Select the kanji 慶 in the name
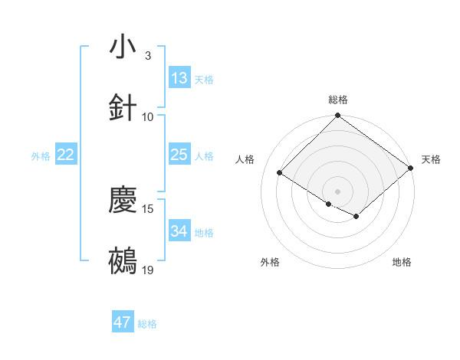123,200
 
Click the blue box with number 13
179,78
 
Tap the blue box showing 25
179,155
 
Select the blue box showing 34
179,231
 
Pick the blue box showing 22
66,155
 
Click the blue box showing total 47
123,322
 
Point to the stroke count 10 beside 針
148,117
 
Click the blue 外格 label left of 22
41,156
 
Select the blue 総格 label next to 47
147,324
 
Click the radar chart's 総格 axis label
337,100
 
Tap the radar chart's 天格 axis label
431,159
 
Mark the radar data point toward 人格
280,173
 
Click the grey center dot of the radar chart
337,191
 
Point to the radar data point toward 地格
356,217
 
